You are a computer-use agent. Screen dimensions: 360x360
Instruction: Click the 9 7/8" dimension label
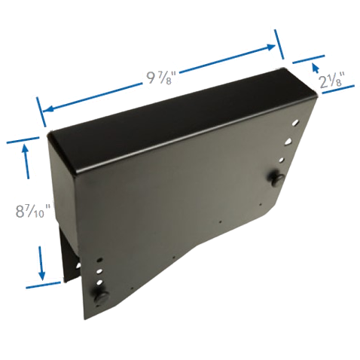pyautogui.click(x=160, y=78)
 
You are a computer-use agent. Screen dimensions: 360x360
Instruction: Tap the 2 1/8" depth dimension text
pyautogui.click(x=331, y=80)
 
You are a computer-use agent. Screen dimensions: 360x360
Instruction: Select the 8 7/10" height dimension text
pyautogui.click(x=33, y=210)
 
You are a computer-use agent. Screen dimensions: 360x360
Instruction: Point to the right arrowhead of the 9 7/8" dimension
pyautogui.click(x=271, y=47)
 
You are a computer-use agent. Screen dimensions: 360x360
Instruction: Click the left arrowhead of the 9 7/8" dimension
pyautogui.click(x=47, y=109)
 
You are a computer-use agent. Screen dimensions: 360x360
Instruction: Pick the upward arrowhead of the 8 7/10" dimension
pyautogui.click(x=25, y=148)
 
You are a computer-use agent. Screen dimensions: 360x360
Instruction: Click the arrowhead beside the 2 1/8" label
pyautogui.click(x=315, y=67)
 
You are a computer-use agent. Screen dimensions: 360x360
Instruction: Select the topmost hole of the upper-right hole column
pyautogui.click(x=296, y=123)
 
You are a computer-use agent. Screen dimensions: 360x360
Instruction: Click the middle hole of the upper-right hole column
pyautogui.click(x=288, y=142)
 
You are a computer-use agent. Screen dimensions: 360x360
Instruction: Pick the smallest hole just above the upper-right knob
pyautogui.click(x=282, y=160)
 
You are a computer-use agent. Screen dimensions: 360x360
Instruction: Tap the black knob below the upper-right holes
pyautogui.click(x=276, y=178)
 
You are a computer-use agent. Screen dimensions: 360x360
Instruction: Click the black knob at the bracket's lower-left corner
pyautogui.click(x=101, y=297)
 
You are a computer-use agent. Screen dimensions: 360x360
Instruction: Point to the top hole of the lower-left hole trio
pyautogui.click(x=99, y=260)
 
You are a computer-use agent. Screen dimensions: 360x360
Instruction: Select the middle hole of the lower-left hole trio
pyautogui.click(x=99, y=271)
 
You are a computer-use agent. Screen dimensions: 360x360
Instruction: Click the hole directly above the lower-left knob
pyautogui.click(x=99, y=282)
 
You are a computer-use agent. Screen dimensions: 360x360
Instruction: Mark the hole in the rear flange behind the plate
pyautogui.click(x=78, y=265)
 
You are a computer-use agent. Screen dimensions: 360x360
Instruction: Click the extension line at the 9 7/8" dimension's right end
pyautogui.click(x=279, y=44)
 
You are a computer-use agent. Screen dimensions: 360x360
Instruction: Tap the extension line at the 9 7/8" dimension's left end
pyautogui.click(x=41, y=112)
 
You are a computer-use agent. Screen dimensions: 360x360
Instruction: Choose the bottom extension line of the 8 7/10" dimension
pyautogui.click(x=43, y=285)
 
